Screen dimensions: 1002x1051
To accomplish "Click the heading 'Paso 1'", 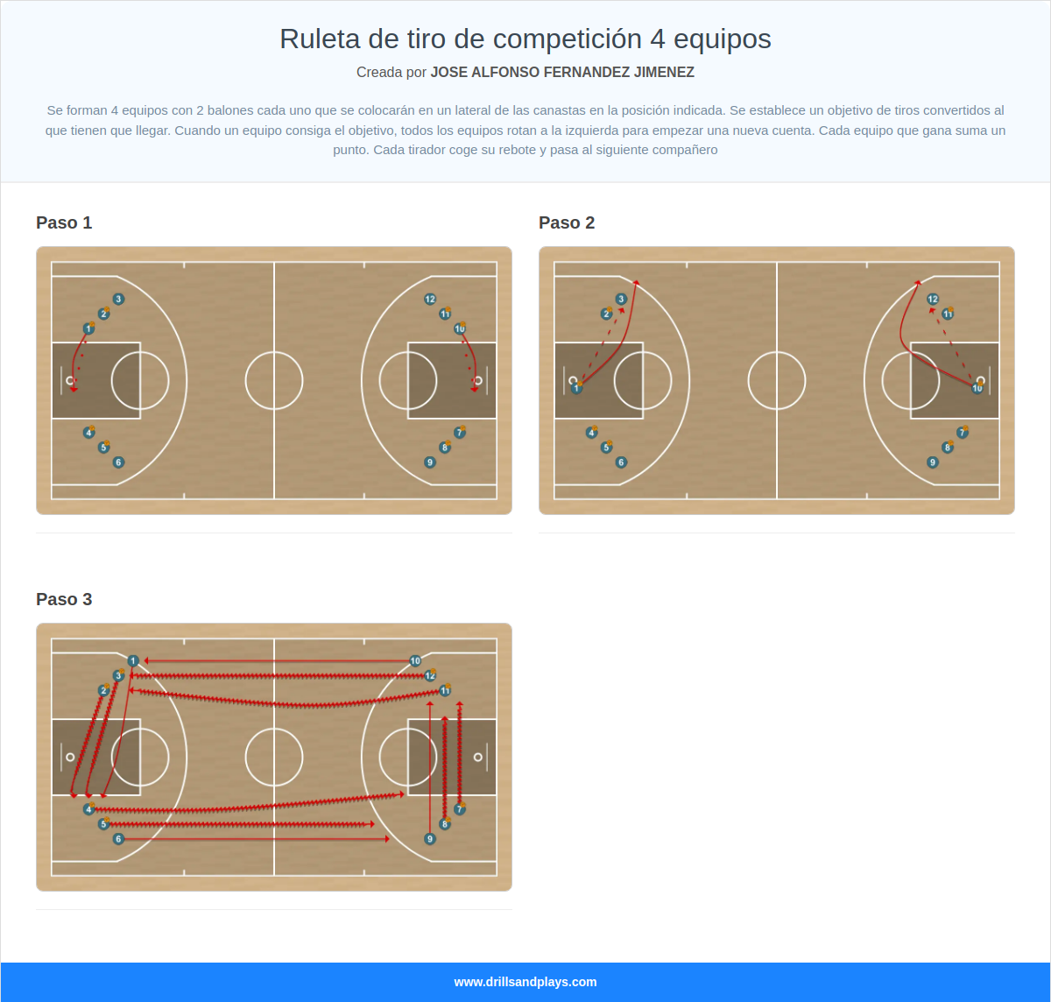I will pyautogui.click(x=64, y=222).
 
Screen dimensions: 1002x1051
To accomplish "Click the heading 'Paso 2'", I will pyautogui.click(x=567, y=222).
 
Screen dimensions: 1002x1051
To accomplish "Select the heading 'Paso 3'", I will pyautogui.click(x=64, y=599).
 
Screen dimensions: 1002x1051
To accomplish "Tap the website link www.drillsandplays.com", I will pyautogui.click(x=525, y=982).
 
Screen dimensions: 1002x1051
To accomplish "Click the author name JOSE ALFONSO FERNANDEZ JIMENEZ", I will pyautogui.click(x=562, y=72).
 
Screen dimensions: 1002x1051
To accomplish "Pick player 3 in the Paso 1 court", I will pyautogui.click(x=118, y=299).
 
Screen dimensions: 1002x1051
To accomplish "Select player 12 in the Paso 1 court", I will pyautogui.click(x=430, y=299).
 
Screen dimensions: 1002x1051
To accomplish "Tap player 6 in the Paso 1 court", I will pyautogui.click(x=118, y=462).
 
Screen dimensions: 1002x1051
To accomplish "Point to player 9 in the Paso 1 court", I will pyautogui.click(x=430, y=462).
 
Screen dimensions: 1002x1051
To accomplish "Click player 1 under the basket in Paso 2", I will pyautogui.click(x=576, y=388).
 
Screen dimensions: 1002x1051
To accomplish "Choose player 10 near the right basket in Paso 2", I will pyautogui.click(x=977, y=388).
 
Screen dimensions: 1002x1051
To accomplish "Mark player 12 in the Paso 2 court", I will pyautogui.click(x=933, y=299).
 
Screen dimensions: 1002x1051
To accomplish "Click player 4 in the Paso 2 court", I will pyautogui.click(x=591, y=433).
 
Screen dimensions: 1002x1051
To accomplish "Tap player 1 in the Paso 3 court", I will pyautogui.click(x=133, y=660).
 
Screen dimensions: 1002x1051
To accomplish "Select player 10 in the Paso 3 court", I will pyautogui.click(x=415, y=660).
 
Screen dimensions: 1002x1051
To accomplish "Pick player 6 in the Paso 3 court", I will pyautogui.click(x=118, y=838).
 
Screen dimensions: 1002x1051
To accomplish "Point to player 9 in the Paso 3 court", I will pyautogui.click(x=430, y=838).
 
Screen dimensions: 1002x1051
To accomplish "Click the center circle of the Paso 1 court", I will pyautogui.click(x=274, y=380).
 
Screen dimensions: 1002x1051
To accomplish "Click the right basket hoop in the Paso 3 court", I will pyautogui.click(x=478, y=757).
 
